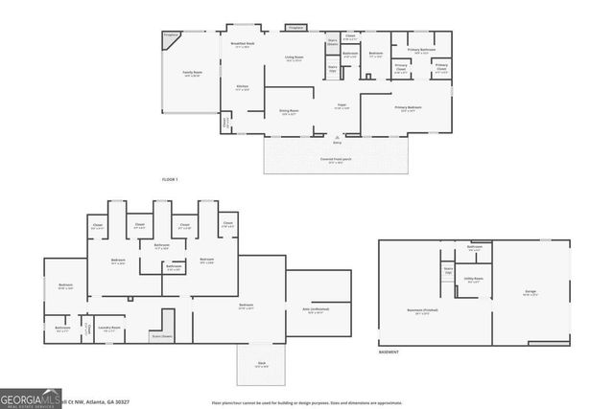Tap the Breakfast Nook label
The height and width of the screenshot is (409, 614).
point(243,44)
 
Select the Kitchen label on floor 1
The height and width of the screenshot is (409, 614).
point(243,88)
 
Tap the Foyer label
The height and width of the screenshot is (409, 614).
point(341,106)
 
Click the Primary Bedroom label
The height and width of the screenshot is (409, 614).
point(410,108)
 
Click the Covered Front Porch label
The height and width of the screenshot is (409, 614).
point(336,161)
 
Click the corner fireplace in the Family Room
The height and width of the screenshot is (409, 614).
point(171,36)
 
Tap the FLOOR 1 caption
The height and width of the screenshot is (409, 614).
point(170,179)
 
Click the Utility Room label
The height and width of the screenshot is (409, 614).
point(474,281)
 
